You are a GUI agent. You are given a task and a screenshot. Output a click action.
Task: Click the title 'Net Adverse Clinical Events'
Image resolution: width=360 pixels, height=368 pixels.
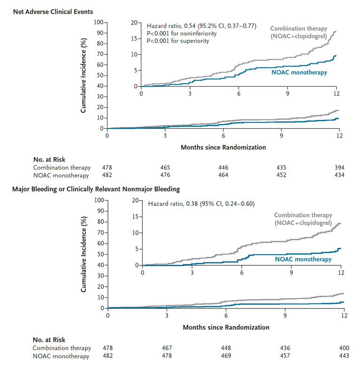(53, 11)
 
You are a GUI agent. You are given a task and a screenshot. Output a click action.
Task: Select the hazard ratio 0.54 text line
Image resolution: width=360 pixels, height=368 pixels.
(201, 26)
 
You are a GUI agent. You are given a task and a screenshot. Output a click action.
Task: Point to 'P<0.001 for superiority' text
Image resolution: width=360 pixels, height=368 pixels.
(178, 41)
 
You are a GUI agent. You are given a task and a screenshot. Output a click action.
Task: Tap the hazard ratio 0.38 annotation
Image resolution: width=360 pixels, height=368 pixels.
(200, 204)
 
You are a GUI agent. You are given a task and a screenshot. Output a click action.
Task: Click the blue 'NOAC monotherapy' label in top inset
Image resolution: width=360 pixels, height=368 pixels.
(299, 73)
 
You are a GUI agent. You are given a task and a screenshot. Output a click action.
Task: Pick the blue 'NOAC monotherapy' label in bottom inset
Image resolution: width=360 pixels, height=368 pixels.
(303, 259)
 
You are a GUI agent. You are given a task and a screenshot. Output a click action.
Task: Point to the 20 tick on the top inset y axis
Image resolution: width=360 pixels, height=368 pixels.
(134, 23)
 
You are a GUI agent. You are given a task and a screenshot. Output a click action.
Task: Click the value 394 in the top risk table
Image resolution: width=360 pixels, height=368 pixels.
(339, 167)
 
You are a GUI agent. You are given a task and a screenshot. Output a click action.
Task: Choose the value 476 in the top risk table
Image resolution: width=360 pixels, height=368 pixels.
(165, 175)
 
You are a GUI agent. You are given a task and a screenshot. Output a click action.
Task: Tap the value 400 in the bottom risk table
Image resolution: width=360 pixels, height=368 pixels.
(344, 348)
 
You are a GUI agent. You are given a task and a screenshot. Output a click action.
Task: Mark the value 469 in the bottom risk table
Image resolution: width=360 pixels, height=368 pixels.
(226, 356)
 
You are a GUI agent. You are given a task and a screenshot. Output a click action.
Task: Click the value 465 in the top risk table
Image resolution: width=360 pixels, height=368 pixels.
(165, 167)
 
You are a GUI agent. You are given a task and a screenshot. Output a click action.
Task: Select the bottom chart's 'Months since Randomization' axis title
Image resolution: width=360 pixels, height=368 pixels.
(226, 327)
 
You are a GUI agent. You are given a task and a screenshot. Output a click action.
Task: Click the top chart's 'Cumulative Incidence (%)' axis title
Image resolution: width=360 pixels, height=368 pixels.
(83, 75)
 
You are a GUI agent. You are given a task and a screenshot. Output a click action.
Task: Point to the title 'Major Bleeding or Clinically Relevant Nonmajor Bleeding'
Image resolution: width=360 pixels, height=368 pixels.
(97, 189)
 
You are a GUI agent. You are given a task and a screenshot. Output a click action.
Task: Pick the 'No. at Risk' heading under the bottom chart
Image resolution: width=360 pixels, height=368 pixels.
(49, 339)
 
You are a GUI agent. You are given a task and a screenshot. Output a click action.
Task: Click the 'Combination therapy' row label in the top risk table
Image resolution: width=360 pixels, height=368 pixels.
(61, 167)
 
